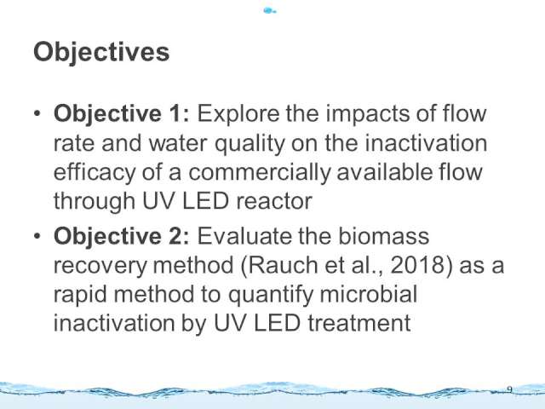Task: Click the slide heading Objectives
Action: (101, 53)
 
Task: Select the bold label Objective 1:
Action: (122, 114)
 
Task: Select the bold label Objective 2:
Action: (122, 237)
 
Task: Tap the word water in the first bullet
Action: (178, 143)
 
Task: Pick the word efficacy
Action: (95, 173)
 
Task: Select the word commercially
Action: (259, 173)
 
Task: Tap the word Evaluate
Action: (244, 237)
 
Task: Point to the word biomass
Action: (384, 237)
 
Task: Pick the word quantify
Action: (271, 296)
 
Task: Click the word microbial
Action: (369, 294)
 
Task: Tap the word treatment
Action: (359, 324)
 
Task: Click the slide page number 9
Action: (510, 389)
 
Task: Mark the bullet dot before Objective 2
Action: (37, 236)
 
